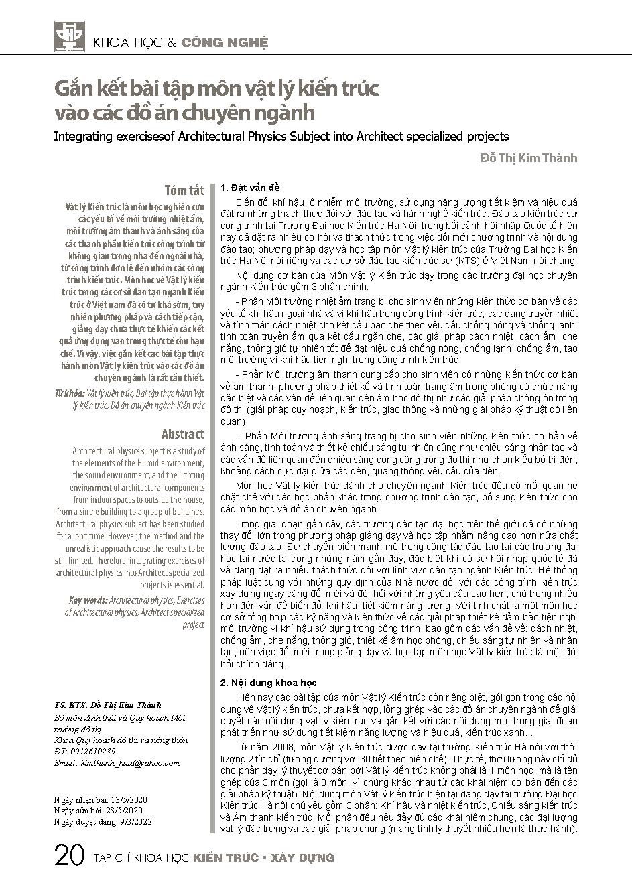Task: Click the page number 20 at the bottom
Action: pyautogui.click(x=69, y=857)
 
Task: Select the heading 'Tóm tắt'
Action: pyautogui.click(x=184, y=189)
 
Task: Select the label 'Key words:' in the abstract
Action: pyautogui.click(x=88, y=601)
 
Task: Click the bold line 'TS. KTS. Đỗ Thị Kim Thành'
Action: pyautogui.click(x=107, y=705)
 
